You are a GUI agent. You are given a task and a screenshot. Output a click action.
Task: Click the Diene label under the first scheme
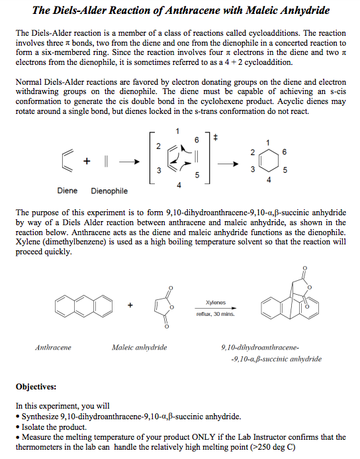pos(67,191)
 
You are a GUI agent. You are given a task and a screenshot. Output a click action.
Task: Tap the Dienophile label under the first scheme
pos(109,191)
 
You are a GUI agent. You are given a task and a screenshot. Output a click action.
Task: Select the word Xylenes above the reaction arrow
pos(216,302)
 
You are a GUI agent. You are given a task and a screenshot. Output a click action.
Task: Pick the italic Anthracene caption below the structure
pos(53,347)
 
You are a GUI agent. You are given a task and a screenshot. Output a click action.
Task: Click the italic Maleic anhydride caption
pos(140,347)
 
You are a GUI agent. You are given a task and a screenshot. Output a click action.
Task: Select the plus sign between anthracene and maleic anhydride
pos(130,305)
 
